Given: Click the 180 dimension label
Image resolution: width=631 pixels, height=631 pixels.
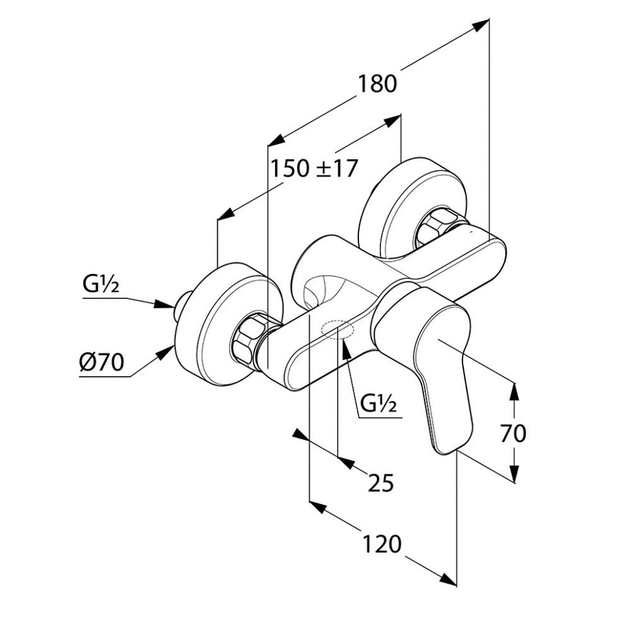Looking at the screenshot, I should [x=379, y=84].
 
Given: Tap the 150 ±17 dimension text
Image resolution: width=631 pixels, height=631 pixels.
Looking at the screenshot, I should [x=314, y=168].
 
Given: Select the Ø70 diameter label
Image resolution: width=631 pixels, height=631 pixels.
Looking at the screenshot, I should [x=102, y=363].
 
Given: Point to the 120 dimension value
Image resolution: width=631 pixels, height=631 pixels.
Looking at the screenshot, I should [x=382, y=543].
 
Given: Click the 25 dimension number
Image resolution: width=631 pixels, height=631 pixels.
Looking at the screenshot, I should [x=380, y=483].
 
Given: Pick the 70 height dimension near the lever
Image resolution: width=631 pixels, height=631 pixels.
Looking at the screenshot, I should [x=512, y=433].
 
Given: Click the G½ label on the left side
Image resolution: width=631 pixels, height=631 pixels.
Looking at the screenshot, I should [x=101, y=287].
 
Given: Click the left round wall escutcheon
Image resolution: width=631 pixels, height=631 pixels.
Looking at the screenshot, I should [x=218, y=322].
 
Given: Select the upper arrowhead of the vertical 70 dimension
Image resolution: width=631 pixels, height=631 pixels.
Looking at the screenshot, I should [x=514, y=391].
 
